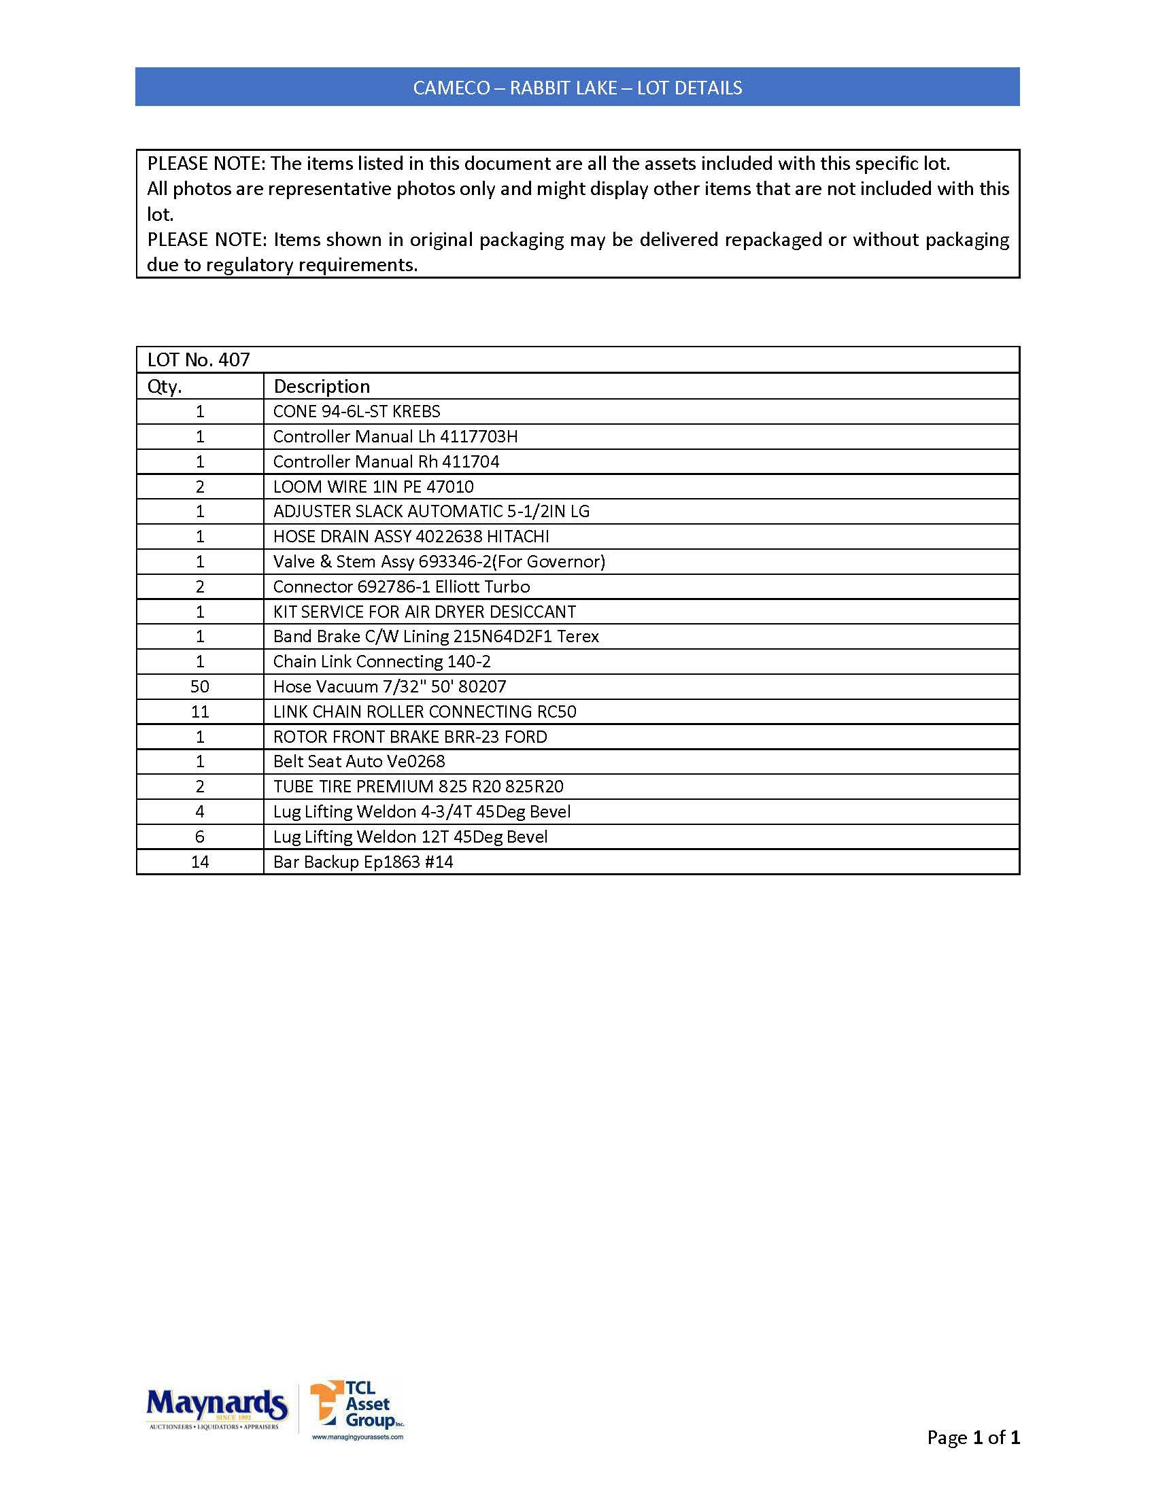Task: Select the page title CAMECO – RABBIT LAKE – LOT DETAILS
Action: (577, 88)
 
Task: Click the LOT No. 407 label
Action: (199, 360)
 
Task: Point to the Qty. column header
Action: (165, 387)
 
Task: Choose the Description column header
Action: (321, 387)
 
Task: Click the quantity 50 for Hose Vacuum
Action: (200, 686)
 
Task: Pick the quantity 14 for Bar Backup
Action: (200, 862)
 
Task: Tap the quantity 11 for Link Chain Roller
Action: (200, 712)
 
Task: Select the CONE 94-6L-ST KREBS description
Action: (356, 411)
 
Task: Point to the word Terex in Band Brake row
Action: (578, 637)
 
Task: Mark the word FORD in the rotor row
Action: (526, 737)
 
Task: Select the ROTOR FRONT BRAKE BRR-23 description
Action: (409, 737)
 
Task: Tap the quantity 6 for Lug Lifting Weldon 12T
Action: (200, 837)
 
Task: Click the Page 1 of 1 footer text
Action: (973, 1437)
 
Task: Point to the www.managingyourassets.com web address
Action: (358, 1437)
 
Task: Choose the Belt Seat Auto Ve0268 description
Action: (359, 762)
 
